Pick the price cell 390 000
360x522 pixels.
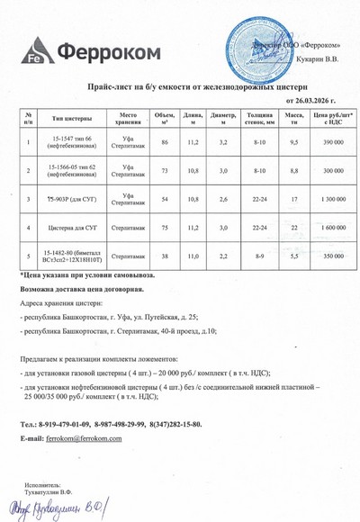[332, 143]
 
